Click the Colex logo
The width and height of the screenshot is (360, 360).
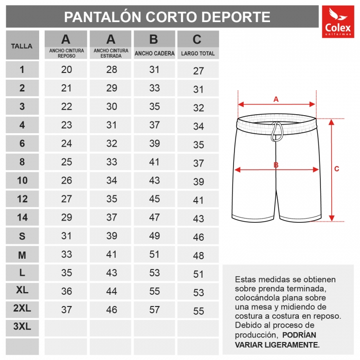337,22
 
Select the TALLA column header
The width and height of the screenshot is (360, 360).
22,46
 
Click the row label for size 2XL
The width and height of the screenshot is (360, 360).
22,309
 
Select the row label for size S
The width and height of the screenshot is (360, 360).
22,236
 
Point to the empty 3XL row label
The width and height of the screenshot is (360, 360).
22,327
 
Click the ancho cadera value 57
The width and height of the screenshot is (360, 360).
155,310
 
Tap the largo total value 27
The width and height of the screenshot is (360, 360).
199,71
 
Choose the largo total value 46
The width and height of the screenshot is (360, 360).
199,238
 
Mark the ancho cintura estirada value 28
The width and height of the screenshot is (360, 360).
111,70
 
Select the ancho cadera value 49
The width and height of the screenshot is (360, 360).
155,236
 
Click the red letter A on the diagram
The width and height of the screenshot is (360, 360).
276,99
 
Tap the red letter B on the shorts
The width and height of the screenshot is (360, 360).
276,165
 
